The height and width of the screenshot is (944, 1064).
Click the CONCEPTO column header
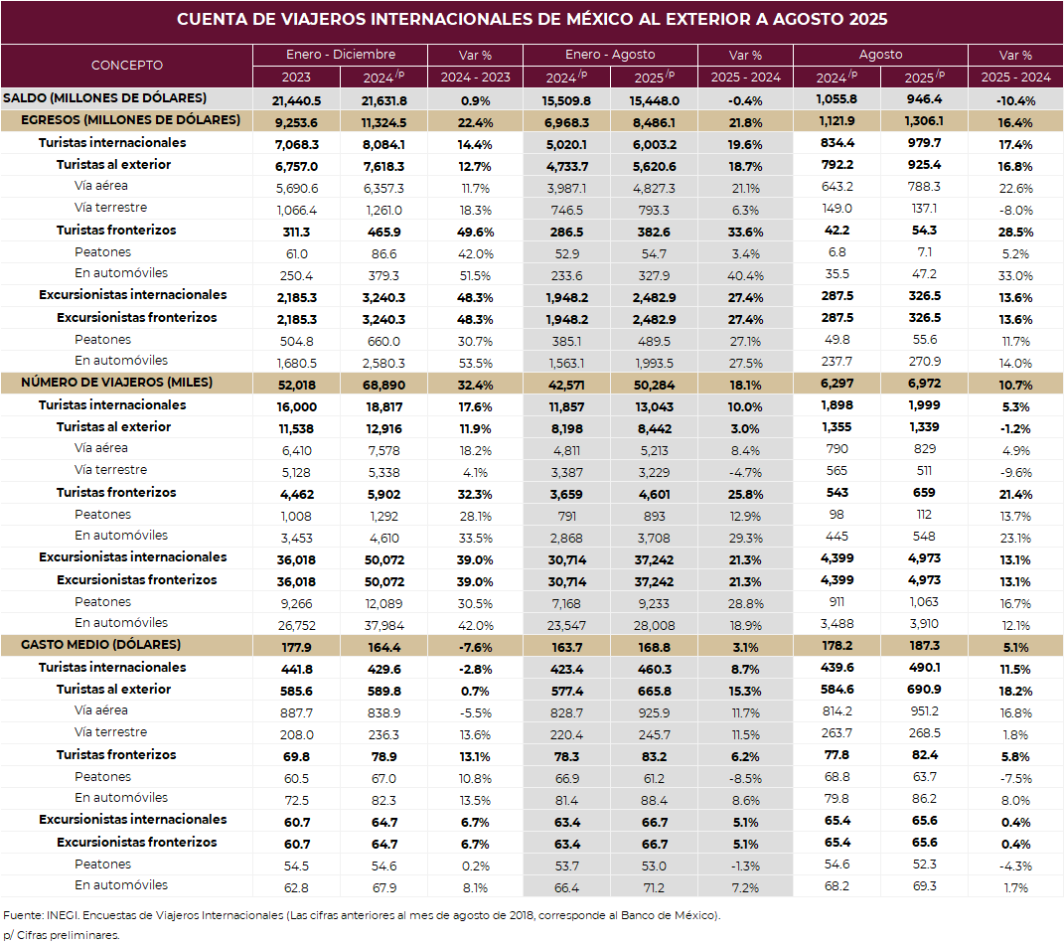[126, 66]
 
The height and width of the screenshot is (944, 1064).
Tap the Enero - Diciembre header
[340, 55]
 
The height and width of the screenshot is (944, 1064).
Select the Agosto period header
[880, 55]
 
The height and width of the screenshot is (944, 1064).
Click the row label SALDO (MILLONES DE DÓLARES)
[105, 97]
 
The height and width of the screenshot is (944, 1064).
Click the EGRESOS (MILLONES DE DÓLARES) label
[130, 120]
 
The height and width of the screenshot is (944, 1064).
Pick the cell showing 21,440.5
[296, 100]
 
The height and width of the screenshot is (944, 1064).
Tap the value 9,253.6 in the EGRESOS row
[296, 122]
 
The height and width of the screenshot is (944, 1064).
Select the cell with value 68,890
[383, 385]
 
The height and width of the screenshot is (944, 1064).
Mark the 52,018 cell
[296, 385]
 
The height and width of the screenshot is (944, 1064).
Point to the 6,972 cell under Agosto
[924, 385]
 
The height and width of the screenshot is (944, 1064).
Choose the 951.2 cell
[924, 712]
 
